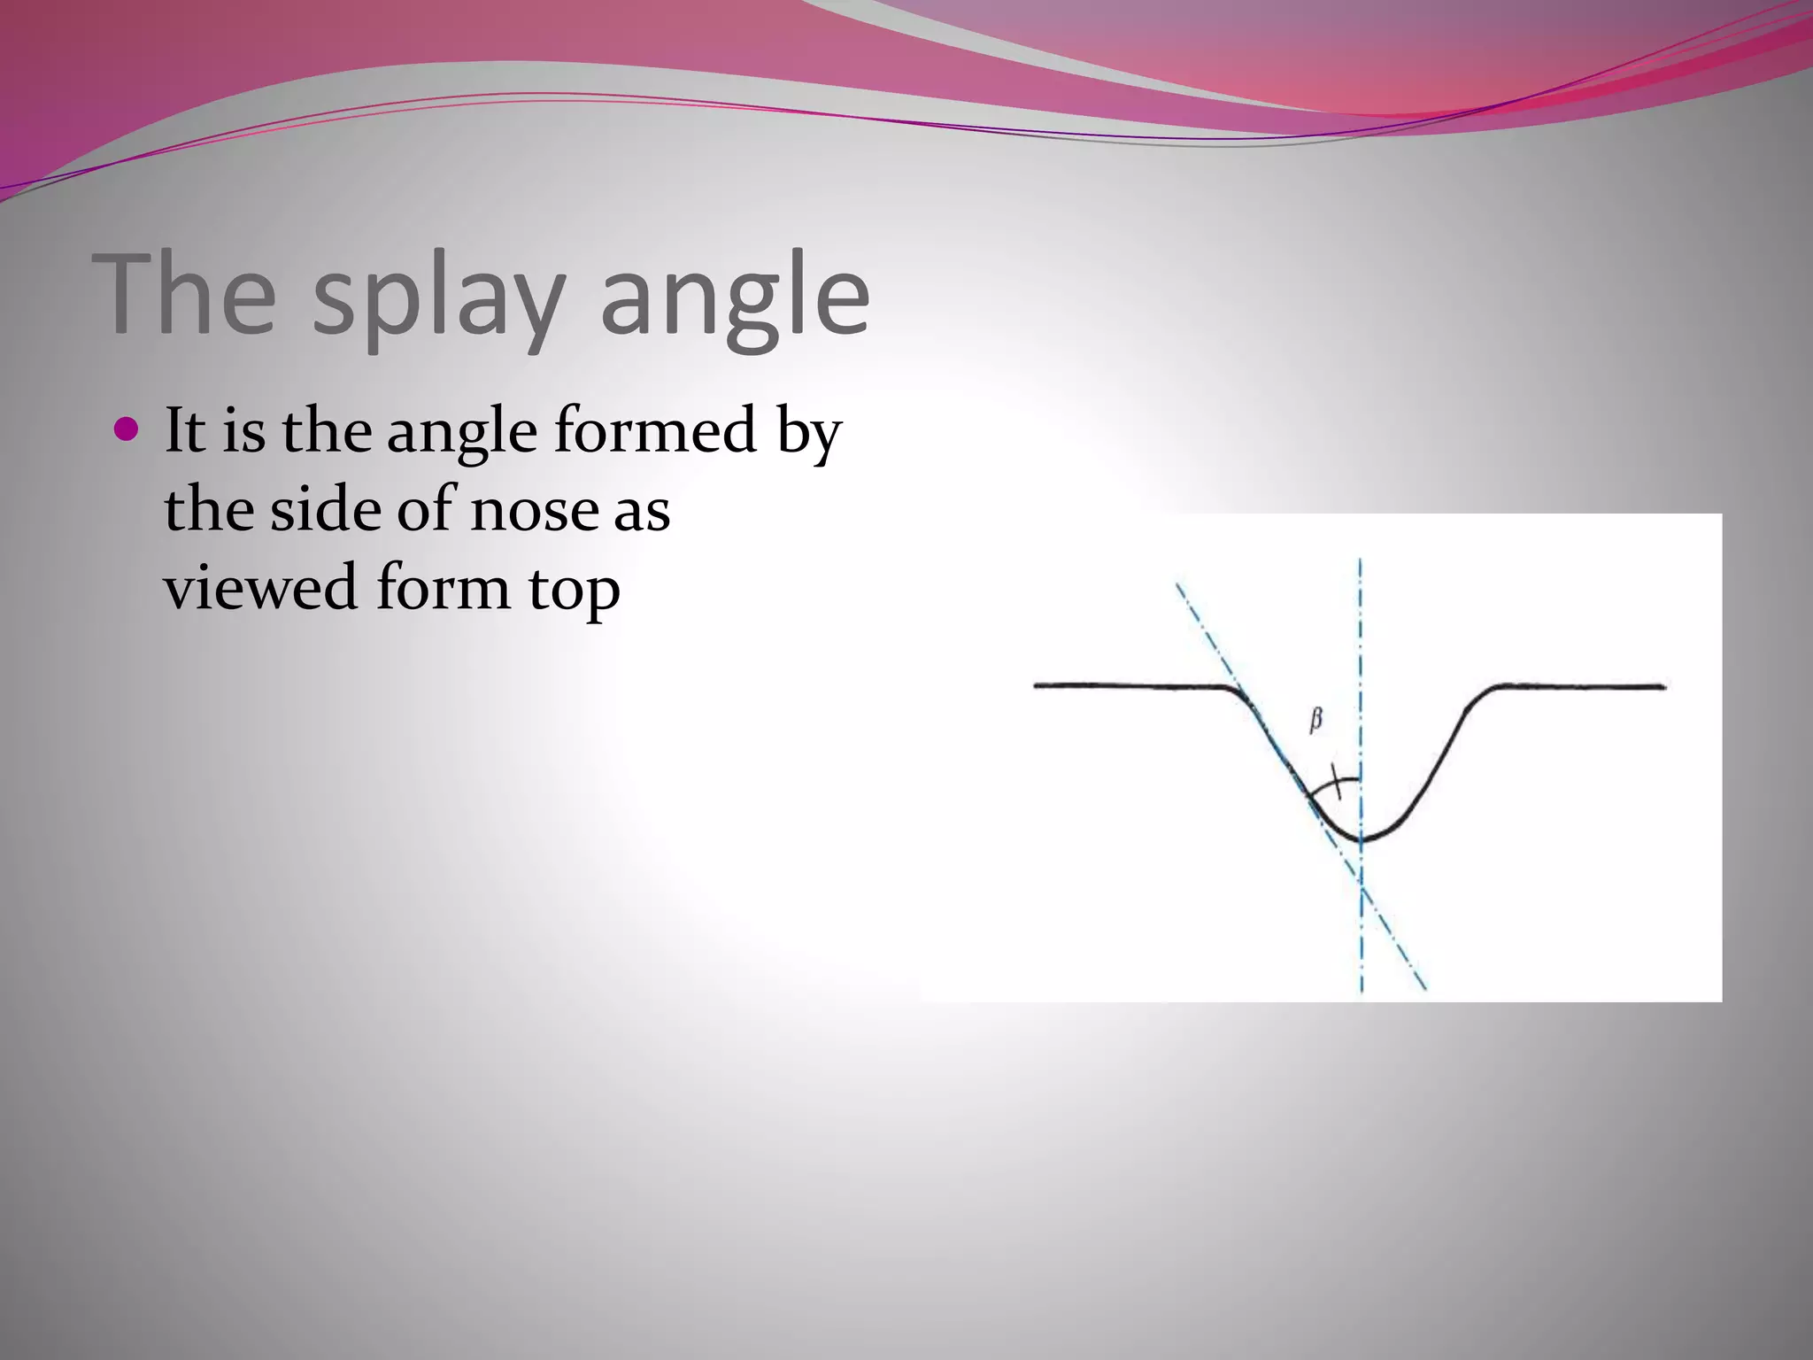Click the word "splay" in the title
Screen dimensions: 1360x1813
(x=438, y=297)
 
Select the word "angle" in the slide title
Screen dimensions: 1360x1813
(x=735, y=297)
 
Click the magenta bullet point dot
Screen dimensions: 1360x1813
(x=127, y=430)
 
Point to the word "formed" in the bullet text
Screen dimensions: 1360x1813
(x=655, y=431)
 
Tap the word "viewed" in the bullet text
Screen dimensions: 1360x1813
(x=260, y=588)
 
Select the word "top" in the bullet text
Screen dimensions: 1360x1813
(x=575, y=591)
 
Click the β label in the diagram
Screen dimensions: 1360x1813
(x=1315, y=721)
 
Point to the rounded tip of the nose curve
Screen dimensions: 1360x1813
(x=1362, y=838)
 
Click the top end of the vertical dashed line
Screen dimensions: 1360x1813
(x=1361, y=561)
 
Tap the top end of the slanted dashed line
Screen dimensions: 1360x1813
(x=1177, y=585)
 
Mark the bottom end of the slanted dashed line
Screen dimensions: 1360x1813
(x=1425, y=988)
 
